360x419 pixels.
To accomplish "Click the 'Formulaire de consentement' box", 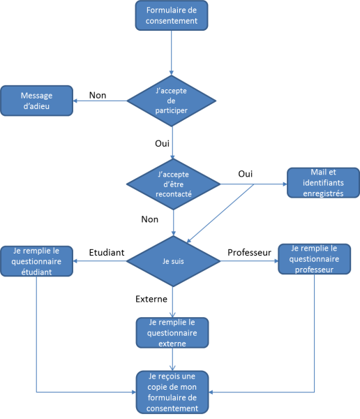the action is [x=172, y=15].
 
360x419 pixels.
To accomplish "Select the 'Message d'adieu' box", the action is [x=36, y=101].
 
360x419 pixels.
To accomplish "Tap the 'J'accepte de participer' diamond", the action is [x=171, y=101].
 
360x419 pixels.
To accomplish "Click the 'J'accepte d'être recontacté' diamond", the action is [x=173, y=184].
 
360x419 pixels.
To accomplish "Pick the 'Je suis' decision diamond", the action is [x=173, y=261].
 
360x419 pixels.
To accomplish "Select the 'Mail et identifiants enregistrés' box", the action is [x=323, y=183].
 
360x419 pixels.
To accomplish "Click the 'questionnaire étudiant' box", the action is [x=36, y=261].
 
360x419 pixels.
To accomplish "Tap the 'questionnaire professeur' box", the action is [x=315, y=259].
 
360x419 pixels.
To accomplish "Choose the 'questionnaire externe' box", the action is [x=172, y=332].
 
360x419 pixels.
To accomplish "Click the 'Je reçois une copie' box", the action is [x=172, y=392].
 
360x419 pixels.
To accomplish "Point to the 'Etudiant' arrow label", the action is [x=107, y=253].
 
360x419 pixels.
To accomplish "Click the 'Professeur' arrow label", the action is [x=250, y=253].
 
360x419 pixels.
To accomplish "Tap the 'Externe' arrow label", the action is [x=151, y=299].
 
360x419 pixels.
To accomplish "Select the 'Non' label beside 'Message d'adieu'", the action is [x=98, y=96].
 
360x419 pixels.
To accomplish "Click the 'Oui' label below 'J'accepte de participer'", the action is [x=162, y=143].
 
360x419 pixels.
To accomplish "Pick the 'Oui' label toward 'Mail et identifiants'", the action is [x=246, y=174].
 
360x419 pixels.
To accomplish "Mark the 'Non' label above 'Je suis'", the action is [x=150, y=219].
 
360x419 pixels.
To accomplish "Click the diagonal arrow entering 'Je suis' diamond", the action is [x=220, y=214].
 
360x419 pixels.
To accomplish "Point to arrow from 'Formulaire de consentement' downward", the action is [x=172, y=52].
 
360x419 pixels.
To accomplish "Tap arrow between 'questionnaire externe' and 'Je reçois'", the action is [x=172, y=360].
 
